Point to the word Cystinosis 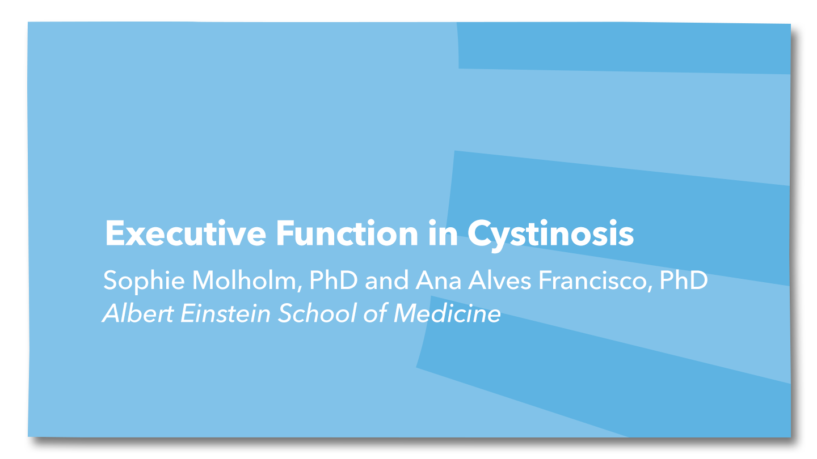551,235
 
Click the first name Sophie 144,281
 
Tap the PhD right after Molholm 334,280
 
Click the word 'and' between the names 386,280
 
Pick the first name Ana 439,280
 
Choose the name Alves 500,280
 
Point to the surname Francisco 595,280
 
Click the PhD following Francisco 684,280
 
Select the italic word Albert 138,313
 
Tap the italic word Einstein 225,313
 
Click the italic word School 317,313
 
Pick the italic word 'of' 375,313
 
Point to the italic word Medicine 447,313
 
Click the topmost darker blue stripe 624,48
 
